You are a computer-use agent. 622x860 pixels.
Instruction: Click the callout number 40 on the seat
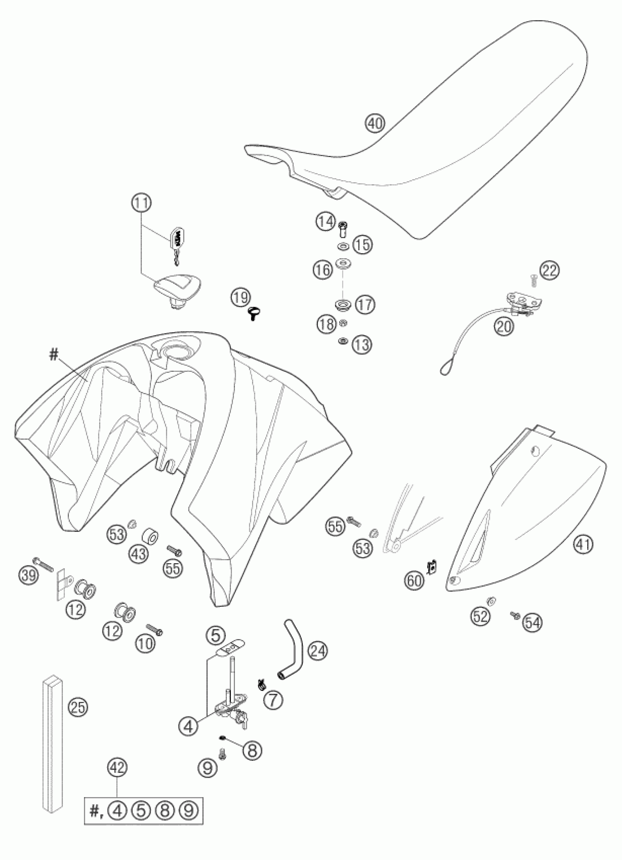click(375, 123)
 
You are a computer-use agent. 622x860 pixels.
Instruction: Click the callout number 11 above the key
click(142, 203)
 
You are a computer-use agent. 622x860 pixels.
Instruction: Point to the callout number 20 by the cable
click(504, 326)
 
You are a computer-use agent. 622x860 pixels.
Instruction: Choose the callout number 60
click(414, 580)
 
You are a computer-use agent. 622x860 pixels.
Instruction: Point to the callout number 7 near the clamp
click(274, 700)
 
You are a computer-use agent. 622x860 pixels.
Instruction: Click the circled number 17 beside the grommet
click(365, 304)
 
